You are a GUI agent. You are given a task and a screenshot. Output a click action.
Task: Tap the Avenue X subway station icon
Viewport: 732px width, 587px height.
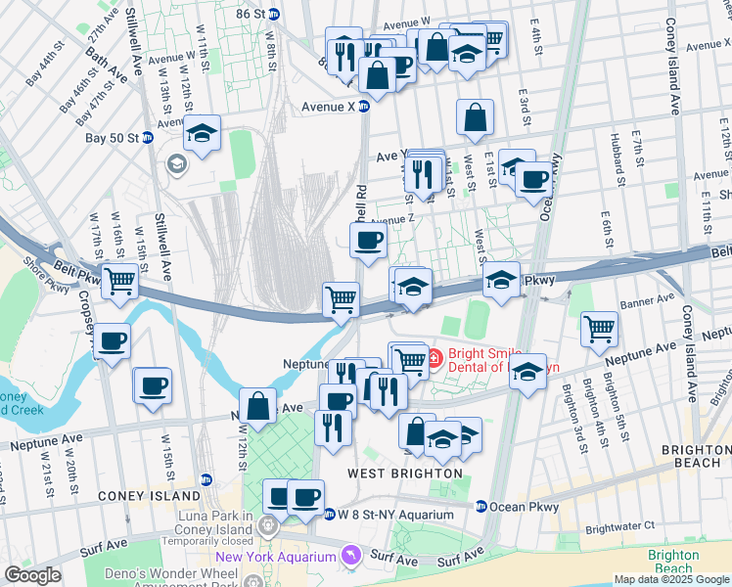pyautogui.click(x=363, y=106)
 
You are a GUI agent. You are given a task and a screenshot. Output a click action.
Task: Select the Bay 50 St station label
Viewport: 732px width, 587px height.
pyautogui.click(x=111, y=138)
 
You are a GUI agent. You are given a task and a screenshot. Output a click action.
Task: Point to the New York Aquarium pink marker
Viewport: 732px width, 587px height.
pyautogui.click(x=349, y=557)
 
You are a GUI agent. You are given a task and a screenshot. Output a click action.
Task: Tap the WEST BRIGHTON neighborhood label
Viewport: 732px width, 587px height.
pyautogui.click(x=405, y=474)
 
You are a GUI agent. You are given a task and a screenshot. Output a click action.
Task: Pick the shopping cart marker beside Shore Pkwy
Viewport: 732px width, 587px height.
pyautogui.click(x=119, y=282)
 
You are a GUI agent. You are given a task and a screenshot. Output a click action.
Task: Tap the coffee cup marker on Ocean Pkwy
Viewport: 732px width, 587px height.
pyautogui.click(x=534, y=179)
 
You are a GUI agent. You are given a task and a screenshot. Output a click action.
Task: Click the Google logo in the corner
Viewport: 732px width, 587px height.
pyautogui.click(x=32, y=575)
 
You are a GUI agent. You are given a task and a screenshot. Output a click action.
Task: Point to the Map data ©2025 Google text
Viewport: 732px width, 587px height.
pyautogui.click(x=671, y=579)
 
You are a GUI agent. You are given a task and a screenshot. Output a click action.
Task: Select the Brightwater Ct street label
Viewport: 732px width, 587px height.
pyautogui.click(x=620, y=526)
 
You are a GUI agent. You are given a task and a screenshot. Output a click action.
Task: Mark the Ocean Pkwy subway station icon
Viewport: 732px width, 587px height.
pyautogui.click(x=481, y=507)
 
